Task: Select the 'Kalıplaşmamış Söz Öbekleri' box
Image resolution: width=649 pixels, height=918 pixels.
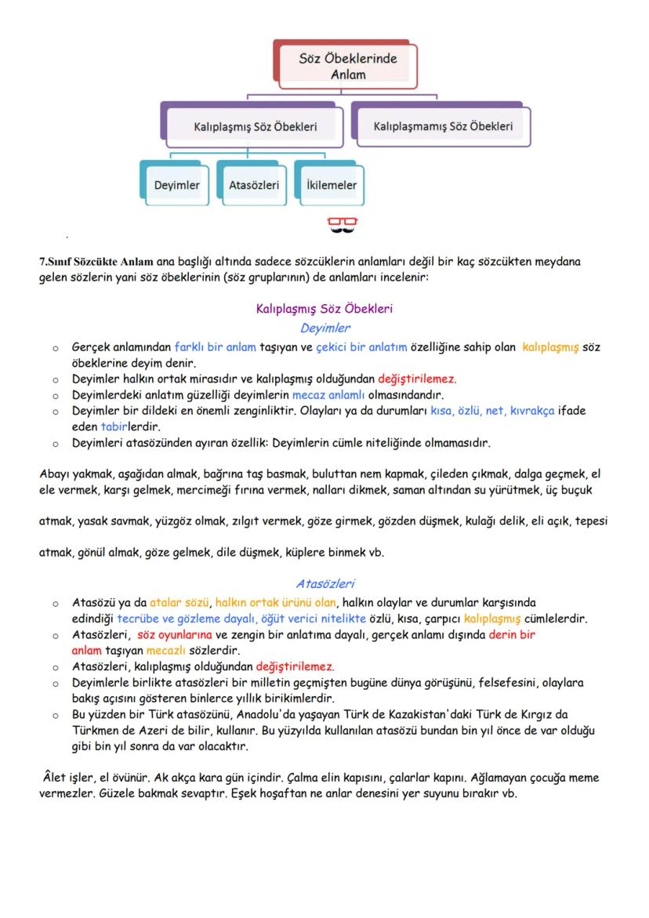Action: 443,125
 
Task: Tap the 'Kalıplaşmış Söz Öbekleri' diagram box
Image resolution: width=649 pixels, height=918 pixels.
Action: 256,126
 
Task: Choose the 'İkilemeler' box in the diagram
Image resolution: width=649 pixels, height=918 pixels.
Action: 332,186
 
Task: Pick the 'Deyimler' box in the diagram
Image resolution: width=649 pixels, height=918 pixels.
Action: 176,186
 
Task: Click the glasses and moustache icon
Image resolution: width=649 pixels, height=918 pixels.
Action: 343,226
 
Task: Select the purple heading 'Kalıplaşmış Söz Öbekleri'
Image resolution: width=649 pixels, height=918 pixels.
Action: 324,309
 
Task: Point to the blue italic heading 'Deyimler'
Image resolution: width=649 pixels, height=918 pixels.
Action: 324,328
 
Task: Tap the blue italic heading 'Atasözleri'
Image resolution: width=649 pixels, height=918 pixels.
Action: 324,583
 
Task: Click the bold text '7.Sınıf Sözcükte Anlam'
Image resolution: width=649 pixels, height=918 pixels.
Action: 96,262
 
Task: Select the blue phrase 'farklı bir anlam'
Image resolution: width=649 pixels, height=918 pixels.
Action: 216,346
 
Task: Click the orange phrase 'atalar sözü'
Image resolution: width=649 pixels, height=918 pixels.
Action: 179,602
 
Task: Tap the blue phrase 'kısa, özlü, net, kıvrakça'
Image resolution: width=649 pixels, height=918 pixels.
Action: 488,411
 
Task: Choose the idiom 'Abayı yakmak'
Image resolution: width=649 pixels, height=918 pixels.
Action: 69,474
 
